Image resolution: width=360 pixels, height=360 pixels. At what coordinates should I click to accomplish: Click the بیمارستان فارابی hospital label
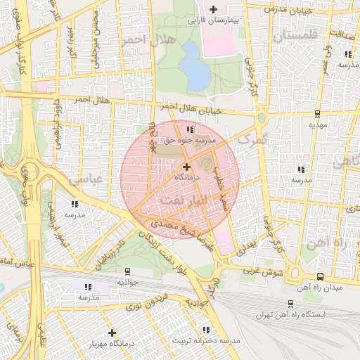[214, 21]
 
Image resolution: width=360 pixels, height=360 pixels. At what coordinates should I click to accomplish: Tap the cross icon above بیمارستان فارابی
[213, 9]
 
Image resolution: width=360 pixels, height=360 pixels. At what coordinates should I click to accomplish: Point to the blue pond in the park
[194, 65]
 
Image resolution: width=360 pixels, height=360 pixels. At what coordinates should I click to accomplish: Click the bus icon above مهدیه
[318, 112]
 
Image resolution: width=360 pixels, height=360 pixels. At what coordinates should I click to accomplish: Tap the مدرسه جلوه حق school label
[188, 141]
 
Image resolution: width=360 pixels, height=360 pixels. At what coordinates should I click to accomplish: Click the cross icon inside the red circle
[186, 167]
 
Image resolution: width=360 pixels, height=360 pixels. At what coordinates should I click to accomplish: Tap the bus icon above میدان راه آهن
[321, 276]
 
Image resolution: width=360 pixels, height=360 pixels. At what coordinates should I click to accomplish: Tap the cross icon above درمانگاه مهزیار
[112, 333]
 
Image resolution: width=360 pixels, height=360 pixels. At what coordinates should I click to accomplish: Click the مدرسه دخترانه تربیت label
[207, 341]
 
